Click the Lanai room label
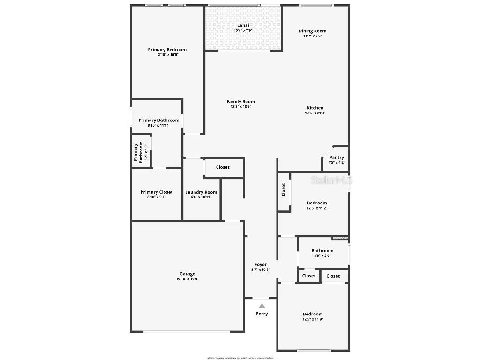point(243,25)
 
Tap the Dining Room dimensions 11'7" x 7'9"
point(312,36)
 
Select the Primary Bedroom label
point(167,50)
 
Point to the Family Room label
point(240,102)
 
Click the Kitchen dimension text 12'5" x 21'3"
point(315,113)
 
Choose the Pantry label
point(336,157)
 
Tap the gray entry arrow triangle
point(262,306)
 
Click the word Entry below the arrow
point(262,314)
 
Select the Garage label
point(187,274)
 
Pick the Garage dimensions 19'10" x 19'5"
point(187,279)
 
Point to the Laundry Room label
point(201,192)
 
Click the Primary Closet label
point(157,192)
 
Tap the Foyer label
point(261,264)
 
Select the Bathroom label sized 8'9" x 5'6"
point(322,251)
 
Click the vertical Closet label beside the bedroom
point(284,189)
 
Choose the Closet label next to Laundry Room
point(223,167)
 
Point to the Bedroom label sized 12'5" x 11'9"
point(313,314)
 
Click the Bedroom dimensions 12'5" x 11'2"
point(317,208)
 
